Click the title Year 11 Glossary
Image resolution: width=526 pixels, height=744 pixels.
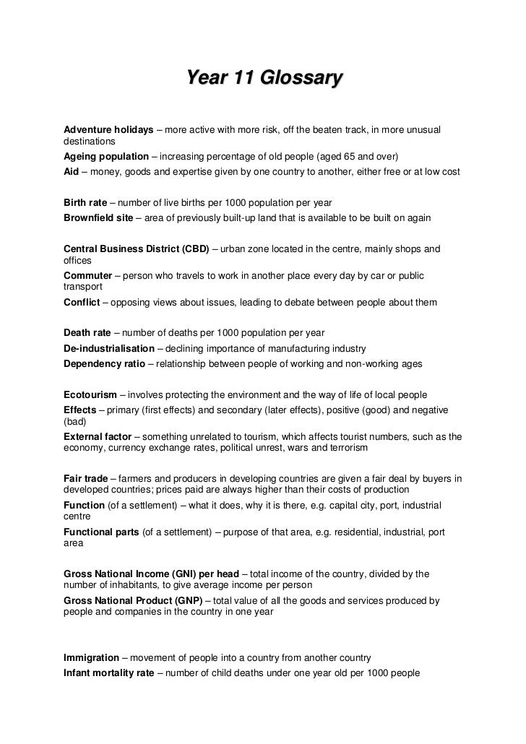263,78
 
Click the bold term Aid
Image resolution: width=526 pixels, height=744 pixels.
72,173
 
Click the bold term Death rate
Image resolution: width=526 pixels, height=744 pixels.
87,333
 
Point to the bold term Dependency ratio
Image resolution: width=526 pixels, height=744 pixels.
104,363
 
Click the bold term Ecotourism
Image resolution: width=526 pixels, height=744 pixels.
90,395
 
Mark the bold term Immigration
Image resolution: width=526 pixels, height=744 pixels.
91,658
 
